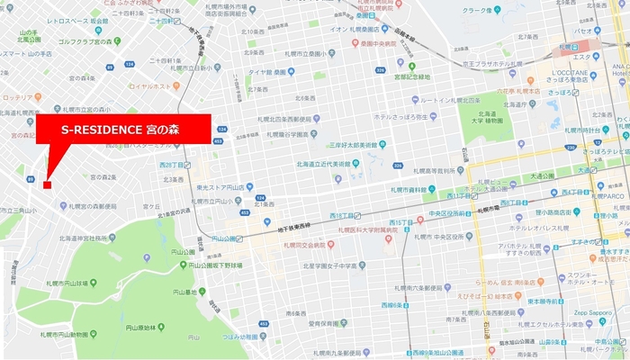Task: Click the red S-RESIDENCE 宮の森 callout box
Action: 123,130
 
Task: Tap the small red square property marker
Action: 47,184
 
